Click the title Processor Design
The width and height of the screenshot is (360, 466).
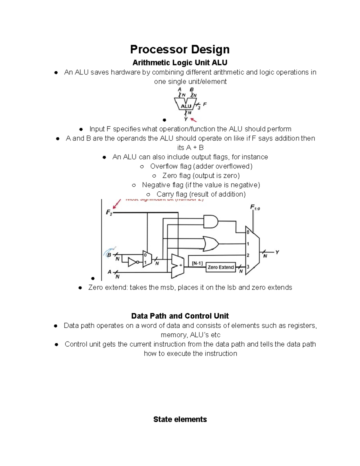coord(180,49)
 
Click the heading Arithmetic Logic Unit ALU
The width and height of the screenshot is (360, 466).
coord(180,63)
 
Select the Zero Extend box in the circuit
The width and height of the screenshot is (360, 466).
coord(220,267)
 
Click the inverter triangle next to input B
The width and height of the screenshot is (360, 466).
coord(133,262)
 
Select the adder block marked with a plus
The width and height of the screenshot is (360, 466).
coord(177,266)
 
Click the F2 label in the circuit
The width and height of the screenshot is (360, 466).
coord(109,213)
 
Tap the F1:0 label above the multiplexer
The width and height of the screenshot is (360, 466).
coord(255,207)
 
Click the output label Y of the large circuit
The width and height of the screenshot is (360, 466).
coord(277,252)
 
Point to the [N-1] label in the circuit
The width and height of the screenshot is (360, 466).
coord(197,263)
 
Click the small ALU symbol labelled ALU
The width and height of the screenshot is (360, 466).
coord(186,106)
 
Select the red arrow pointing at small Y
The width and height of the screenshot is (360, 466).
coord(193,119)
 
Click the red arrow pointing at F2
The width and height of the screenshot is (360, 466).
coord(117,204)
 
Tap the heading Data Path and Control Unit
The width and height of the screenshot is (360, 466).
coord(180,316)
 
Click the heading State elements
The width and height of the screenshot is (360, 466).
coord(180,419)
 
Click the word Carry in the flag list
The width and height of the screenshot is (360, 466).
coord(165,194)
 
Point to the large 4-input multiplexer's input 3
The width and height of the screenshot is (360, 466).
coord(248,266)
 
